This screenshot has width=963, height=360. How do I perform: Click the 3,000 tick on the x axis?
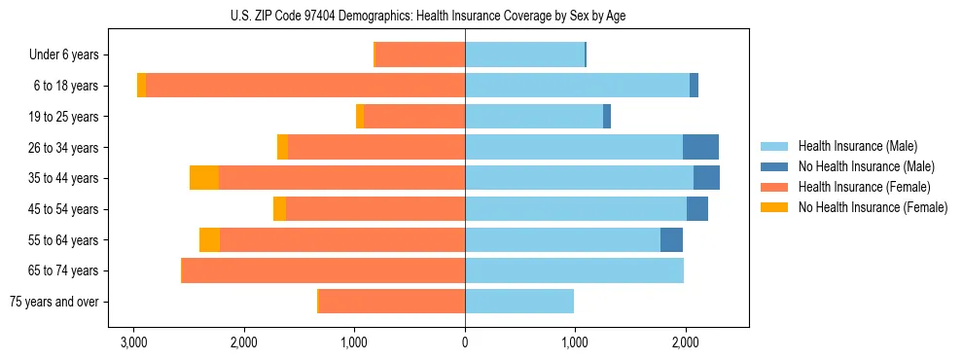click(133, 342)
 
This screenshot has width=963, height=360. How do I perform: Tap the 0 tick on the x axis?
click(465, 342)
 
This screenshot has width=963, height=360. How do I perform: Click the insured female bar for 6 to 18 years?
click(305, 86)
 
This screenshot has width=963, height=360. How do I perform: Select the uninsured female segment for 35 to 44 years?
click(204, 178)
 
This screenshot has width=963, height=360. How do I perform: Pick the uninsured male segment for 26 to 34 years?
click(700, 147)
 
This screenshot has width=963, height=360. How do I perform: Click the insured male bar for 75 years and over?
click(519, 302)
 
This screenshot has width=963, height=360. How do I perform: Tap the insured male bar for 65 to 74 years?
click(574, 270)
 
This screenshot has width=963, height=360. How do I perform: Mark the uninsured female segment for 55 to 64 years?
click(209, 239)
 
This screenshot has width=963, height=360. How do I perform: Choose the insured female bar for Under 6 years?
click(420, 54)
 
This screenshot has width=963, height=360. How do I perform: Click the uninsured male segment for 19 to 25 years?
click(607, 117)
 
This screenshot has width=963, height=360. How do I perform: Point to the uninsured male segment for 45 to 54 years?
click(697, 209)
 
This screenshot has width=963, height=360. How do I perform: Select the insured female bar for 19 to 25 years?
click(414, 117)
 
